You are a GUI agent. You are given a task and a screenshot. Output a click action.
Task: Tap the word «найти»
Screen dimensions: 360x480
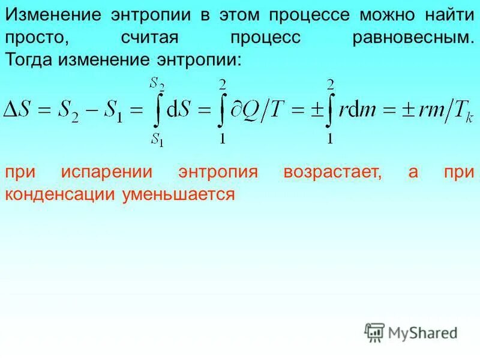click(443, 15)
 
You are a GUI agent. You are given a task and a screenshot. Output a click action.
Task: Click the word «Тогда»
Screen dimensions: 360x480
click(29, 59)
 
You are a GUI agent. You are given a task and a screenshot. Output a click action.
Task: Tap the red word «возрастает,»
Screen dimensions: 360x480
click(333, 172)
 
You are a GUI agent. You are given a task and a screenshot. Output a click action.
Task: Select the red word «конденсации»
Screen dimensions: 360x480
click(61, 194)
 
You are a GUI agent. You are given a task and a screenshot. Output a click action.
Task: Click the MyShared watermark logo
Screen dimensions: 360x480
click(410, 331)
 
